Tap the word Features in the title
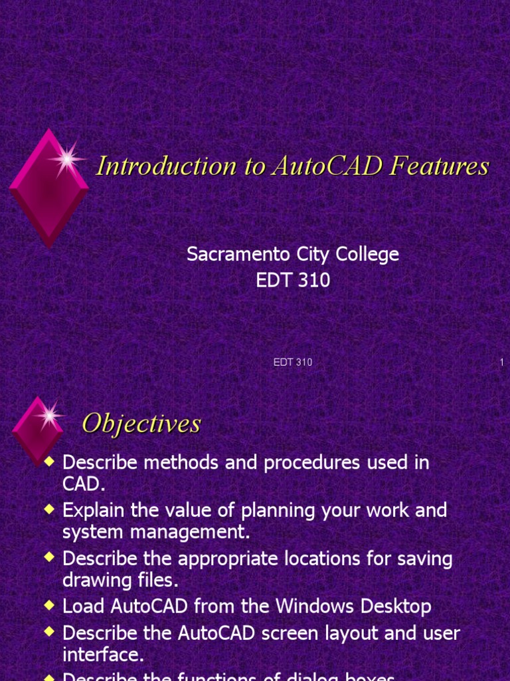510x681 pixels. pos(440,166)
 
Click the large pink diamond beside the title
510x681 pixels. pos(48,188)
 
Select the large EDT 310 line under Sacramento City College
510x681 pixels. pos(293,280)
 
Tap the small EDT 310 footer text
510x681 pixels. pos(293,362)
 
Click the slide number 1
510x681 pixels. pos(501,362)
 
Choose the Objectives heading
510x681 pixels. pos(141,424)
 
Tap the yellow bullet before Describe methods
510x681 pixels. pos(48,461)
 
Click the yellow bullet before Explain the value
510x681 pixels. pos(48,509)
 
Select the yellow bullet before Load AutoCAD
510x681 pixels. pos(48,605)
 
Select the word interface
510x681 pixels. pos(103,654)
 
